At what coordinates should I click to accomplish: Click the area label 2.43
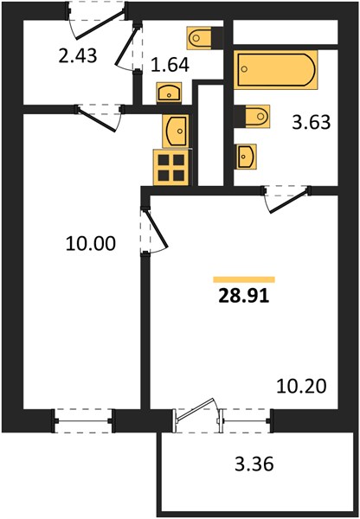point(78,55)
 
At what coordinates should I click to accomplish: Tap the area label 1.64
point(170,65)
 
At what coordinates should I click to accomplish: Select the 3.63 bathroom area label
point(312,123)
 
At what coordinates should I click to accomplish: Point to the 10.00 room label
point(91,244)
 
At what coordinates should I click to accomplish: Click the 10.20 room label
point(301,387)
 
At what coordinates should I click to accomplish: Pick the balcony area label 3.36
point(254,464)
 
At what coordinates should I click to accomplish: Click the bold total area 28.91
point(244,297)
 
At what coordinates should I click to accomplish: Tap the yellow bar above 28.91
point(244,279)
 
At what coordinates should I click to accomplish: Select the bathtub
point(275,69)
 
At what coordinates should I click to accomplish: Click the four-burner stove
point(172,168)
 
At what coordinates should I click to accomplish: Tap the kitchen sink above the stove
point(176,131)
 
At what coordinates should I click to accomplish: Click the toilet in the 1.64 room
point(205,38)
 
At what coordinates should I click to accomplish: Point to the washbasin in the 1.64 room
point(169,92)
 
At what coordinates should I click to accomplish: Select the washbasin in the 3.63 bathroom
point(247,157)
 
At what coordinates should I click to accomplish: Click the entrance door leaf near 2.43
point(100,25)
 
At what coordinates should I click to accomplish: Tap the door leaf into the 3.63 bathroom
point(289,202)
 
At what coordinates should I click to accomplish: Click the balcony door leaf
point(195,410)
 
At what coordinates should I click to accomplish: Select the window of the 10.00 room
point(83,420)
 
